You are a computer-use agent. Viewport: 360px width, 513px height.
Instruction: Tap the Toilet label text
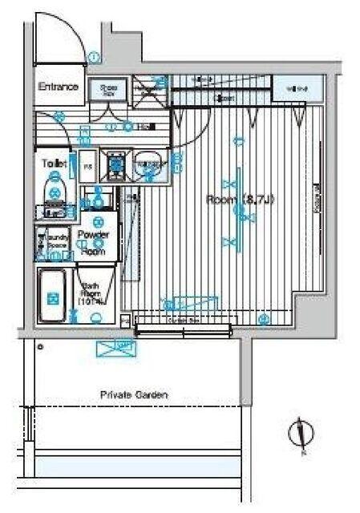pos(52,163)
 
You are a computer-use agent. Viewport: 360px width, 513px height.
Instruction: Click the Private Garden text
pos(134,394)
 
